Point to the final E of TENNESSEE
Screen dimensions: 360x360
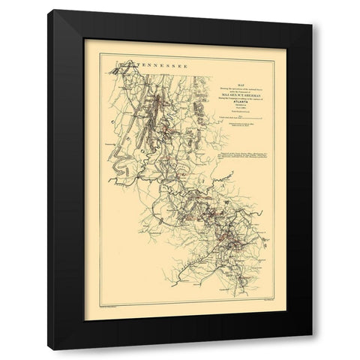point(184,66)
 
